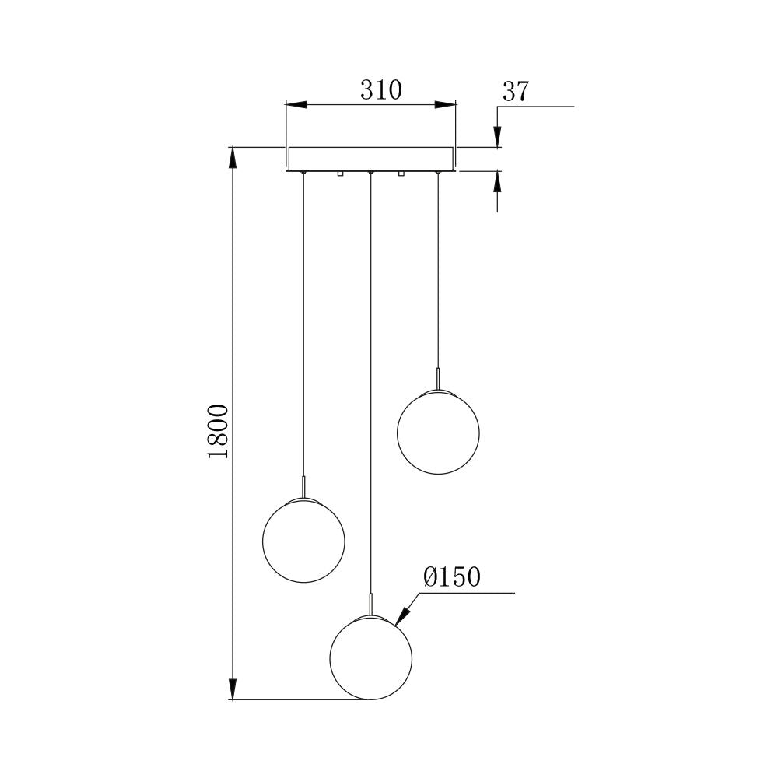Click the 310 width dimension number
coord(380,90)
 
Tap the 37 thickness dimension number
coord(515,92)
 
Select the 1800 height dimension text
coord(219,430)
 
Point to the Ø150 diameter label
coord(452,577)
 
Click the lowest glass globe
coord(371,657)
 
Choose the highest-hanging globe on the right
coord(438,430)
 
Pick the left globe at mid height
coord(303,541)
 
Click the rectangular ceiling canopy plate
coord(371,158)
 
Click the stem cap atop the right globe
coord(438,378)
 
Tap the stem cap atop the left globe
coord(303,487)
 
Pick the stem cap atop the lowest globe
coord(371,605)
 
